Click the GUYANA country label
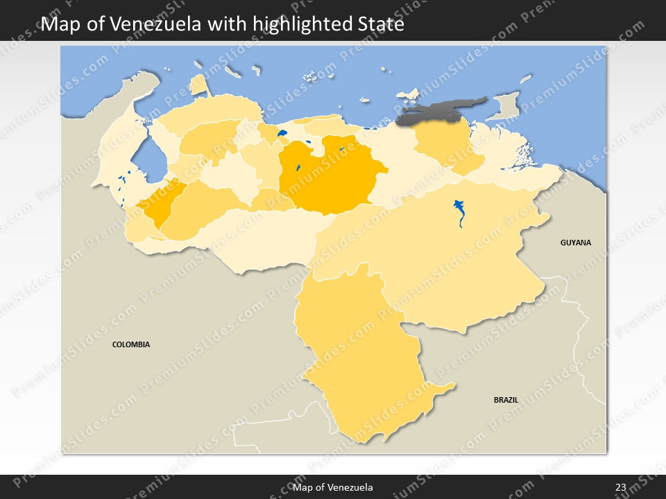[x=576, y=243]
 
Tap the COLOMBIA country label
[x=131, y=344]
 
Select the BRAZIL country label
[x=506, y=400]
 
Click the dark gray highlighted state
[x=437, y=113]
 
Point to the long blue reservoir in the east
[x=459, y=212]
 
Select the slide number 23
[x=620, y=487]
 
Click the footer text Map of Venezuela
[x=333, y=487]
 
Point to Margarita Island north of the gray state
[x=409, y=94]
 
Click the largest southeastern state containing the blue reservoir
[x=444, y=256]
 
